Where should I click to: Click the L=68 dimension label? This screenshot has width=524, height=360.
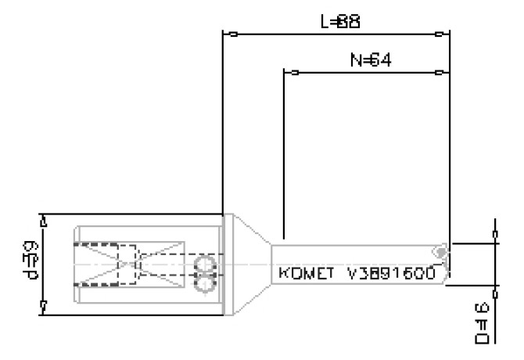pyautogui.click(x=340, y=22)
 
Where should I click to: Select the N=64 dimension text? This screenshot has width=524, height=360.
pyautogui.click(x=364, y=61)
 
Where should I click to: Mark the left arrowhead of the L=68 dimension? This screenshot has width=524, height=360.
pyautogui.click(x=230, y=34)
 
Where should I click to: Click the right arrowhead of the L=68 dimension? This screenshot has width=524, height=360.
pyautogui.click(x=441, y=34)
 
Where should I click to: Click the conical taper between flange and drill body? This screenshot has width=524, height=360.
pyautogui.click(x=253, y=265)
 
